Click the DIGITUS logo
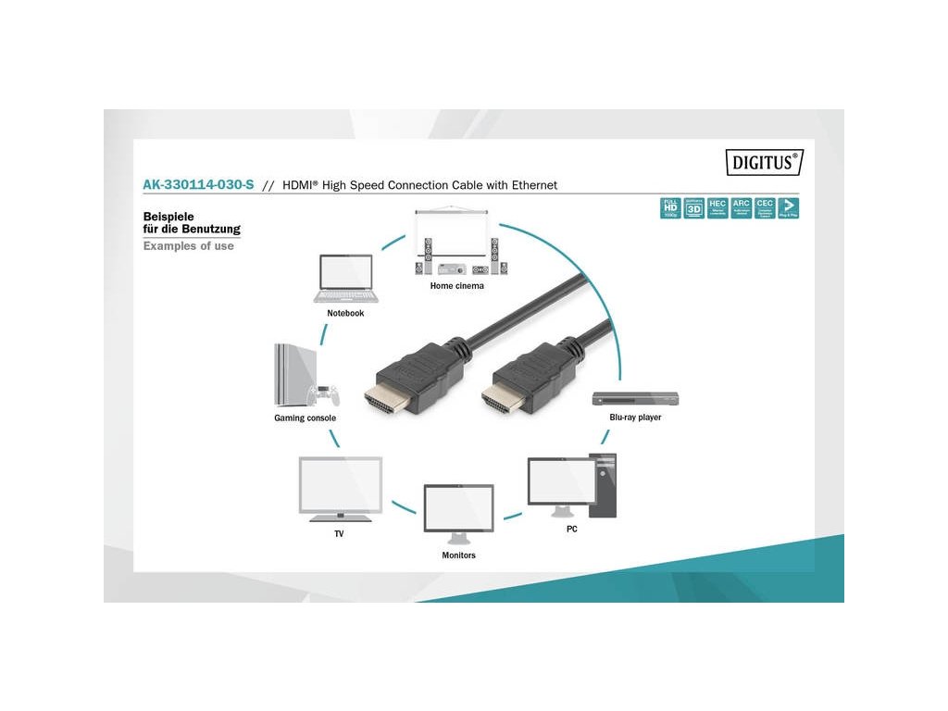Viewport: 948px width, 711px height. coord(763,162)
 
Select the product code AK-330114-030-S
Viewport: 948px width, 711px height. coord(198,185)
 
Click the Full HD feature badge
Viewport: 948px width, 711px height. coord(669,207)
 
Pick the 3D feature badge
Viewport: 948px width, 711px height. coord(693,207)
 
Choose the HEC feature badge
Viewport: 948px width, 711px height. coord(717,207)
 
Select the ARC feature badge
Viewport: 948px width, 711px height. coord(741,207)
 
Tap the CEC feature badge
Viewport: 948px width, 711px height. coord(765,207)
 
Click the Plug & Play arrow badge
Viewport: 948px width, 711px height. coord(789,207)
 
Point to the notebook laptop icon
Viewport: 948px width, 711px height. coord(345,279)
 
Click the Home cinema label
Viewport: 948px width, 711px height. coord(456,286)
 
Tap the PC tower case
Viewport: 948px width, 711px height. coord(605,482)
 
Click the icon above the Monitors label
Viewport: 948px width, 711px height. coord(458,510)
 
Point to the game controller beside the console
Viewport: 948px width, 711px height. coord(327,395)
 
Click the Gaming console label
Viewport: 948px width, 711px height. coord(305,418)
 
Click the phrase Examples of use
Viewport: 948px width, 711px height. coord(188,246)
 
